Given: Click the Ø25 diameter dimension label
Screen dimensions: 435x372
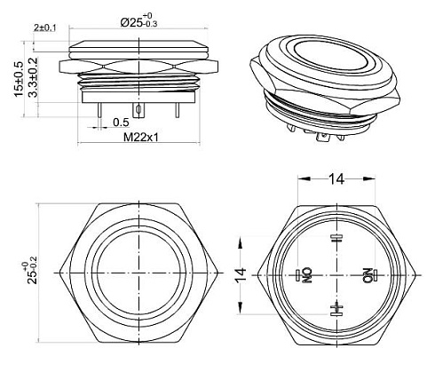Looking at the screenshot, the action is (x=138, y=21).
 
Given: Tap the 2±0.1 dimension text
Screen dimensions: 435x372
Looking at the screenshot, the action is (x=45, y=28).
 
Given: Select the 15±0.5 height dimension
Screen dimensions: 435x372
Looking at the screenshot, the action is (x=19, y=79).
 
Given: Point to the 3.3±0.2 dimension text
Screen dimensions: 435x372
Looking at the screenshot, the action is (x=33, y=77).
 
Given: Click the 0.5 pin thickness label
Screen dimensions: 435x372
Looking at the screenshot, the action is (x=121, y=122).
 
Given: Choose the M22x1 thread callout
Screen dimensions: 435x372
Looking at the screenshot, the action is (x=141, y=137).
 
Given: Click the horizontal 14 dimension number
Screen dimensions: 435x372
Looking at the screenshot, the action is (x=336, y=178).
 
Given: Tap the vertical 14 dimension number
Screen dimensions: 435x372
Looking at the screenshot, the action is (x=241, y=275).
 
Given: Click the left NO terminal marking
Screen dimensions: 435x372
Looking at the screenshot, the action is (x=308, y=275).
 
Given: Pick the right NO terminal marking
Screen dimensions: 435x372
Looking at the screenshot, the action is (x=368, y=275).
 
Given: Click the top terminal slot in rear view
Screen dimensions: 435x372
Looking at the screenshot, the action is (x=336, y=238).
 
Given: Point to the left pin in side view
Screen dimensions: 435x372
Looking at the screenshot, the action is (x=99, y=110).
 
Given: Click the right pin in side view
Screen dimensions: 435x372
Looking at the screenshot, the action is (x=177, y=110).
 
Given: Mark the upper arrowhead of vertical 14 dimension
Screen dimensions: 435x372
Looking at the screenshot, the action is (x=241, y=241).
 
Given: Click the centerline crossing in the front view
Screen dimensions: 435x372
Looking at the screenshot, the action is (x=139, y=273).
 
